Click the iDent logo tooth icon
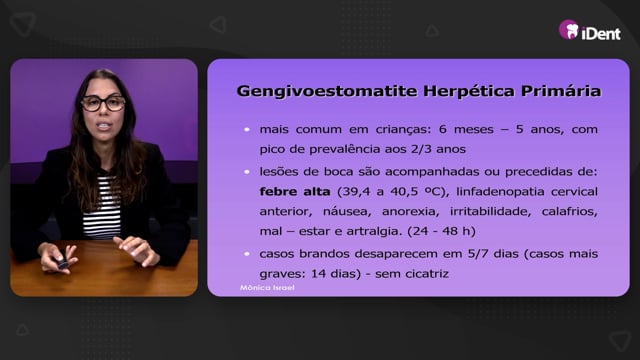[569, 29]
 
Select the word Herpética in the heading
[469, 91]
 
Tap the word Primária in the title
[561, 91]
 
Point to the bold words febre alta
[295, 191]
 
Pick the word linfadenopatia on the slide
[500, 192]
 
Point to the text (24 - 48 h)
[441, 231]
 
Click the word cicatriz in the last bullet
[427, 273]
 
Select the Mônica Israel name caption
[267, 288]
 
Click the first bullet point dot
[247, 129]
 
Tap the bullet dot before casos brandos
[247, 254]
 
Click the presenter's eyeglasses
[103, 103]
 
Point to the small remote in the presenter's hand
[62, 263]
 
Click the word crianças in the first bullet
[403, 130]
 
